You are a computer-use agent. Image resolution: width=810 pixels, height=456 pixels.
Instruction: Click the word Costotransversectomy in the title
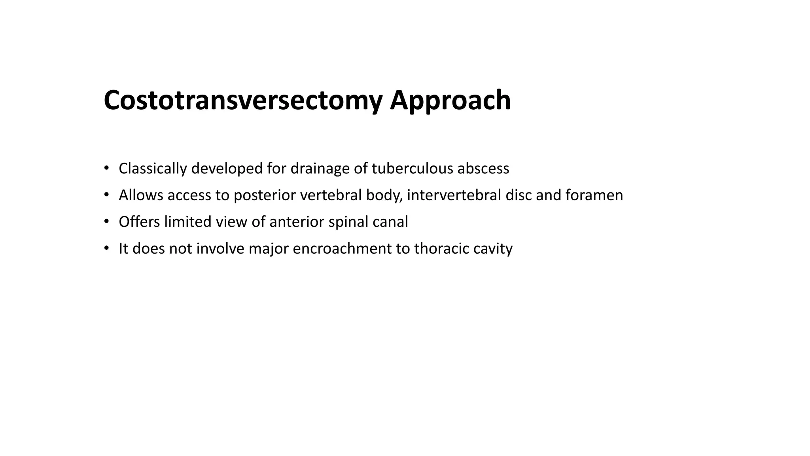[243, 100]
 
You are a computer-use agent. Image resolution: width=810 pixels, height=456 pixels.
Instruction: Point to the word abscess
[483, 169]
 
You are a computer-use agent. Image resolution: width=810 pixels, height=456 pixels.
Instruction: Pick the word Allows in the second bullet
[140, 195]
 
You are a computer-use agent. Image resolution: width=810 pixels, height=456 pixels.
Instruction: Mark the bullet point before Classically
[106, 168]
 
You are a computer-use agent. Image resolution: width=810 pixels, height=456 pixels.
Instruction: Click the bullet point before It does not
[106, 248]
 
